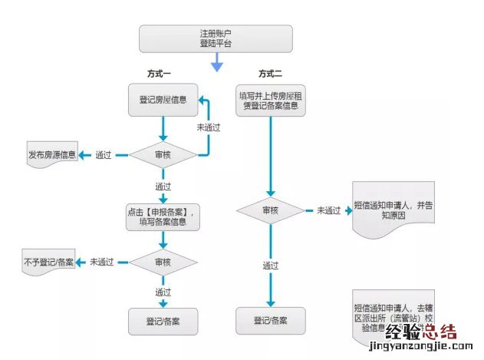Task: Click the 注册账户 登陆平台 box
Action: [216, 38]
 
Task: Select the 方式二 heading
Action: [270, 74]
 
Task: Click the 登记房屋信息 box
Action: [163, 100]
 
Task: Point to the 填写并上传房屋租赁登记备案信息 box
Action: [270, 101]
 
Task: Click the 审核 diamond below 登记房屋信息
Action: [163, 155]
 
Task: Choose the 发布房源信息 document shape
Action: [51, 155]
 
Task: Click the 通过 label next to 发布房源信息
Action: [104, 155]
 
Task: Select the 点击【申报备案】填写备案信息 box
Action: [163, 217]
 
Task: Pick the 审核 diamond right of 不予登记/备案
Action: [163, 262]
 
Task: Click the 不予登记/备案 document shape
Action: [48, 262]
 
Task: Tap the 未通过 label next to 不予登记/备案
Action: [101, 262]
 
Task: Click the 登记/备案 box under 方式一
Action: [163, 321]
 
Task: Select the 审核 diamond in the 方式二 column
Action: [271, 210]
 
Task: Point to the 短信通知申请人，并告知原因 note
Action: [393, 210]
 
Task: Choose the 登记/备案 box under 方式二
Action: [271, 321]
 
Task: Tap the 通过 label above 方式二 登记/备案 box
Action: [271, 266]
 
